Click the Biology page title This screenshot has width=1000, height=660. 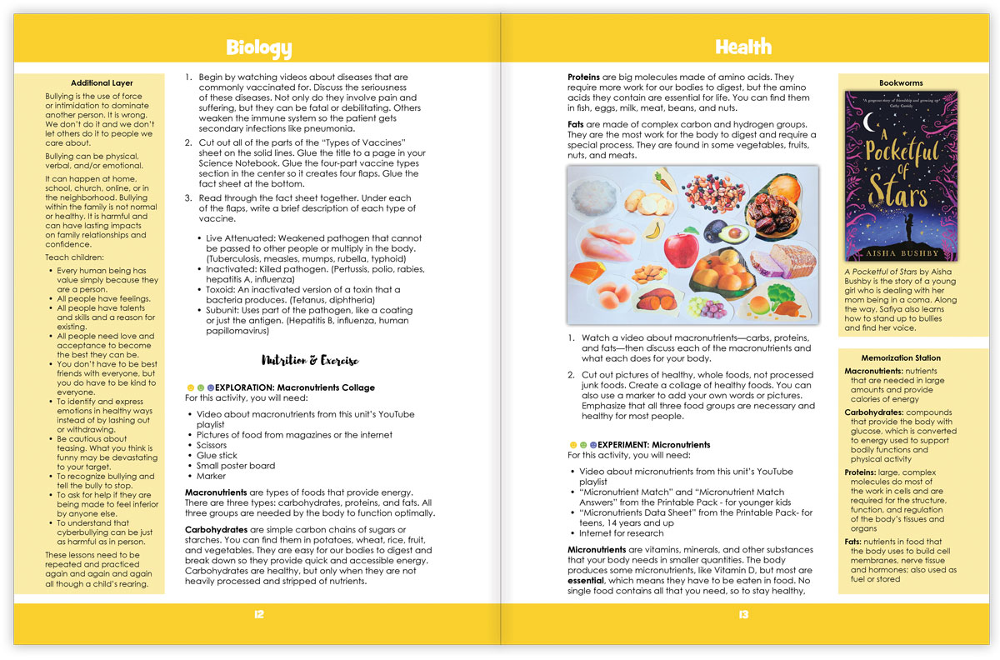tap(258, 47)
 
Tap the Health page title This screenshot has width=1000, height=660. tap(742, 47)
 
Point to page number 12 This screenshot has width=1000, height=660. tap(258, 614)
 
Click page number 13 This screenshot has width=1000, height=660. tap(742, 614)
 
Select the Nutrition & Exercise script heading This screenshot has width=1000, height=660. tap(310, 361)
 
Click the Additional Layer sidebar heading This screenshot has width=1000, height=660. tap(102, 83)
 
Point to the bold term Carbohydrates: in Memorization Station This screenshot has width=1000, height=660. tap(873, 412)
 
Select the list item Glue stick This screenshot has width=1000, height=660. tap(217, 456)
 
